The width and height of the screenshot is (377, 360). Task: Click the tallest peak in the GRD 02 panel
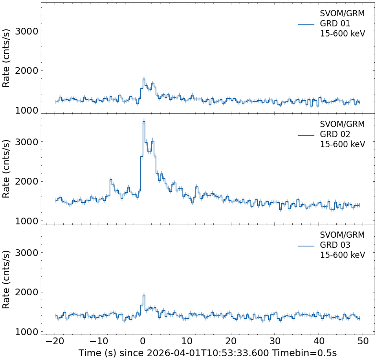144,122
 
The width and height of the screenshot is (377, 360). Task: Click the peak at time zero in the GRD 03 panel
144,295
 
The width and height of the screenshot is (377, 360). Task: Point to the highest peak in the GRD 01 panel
144,79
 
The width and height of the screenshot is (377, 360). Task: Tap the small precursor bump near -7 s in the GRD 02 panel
111,180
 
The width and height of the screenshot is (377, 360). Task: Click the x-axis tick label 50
363,341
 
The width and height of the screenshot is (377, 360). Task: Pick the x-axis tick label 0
143,341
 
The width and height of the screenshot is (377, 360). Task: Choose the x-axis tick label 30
275,341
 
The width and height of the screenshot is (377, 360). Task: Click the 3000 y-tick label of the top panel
26,31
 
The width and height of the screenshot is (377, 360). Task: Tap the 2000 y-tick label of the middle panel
26,181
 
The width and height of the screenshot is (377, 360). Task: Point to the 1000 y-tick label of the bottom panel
26,332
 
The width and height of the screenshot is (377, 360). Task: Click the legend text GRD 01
335,23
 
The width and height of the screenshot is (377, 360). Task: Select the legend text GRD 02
335,134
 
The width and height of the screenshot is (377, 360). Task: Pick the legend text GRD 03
335,245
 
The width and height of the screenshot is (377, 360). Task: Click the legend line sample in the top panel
306,24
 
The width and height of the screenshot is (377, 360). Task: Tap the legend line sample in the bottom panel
306,245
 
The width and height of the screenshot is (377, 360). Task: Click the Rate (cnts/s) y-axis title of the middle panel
6,169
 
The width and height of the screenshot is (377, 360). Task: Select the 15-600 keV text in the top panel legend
342,34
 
